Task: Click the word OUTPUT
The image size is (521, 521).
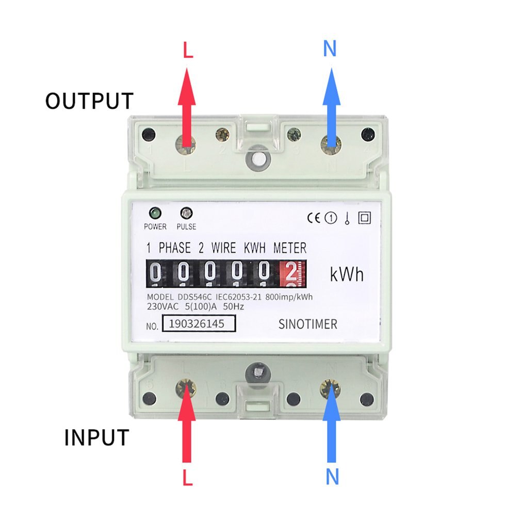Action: (x=89, y=101)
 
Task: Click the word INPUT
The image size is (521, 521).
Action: (x=96, y=438)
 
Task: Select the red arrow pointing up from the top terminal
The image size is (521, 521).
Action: (x=187, y=108)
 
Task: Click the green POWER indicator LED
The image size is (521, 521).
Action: (x=154, y=213)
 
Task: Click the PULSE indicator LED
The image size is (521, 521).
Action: (x=186, y=213)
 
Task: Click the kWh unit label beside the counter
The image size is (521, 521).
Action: (x=347, y=274)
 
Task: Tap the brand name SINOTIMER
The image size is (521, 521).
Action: (x=307, y=324)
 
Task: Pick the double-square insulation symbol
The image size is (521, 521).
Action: (x=364, y=218)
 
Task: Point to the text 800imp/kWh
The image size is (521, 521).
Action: (x=290, y=298)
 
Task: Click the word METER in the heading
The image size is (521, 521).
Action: (x=289, y=248)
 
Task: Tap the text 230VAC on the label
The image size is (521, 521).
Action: (x=163, y=306)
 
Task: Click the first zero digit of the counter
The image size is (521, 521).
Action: (x=155, y=273)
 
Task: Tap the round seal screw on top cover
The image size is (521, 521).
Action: (x=257, y=158)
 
